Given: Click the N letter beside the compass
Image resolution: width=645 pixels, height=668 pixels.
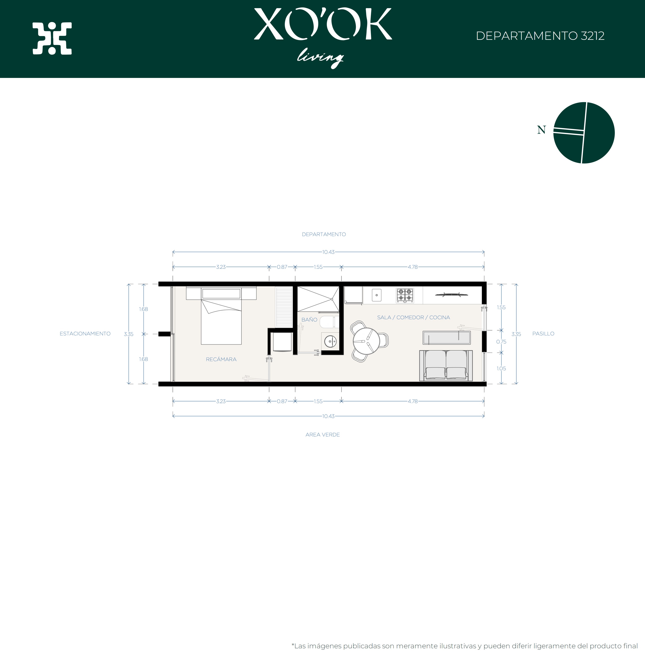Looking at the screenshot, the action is click(x=541, y=130).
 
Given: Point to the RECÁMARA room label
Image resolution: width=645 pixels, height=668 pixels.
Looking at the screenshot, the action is click(x=221, y=359).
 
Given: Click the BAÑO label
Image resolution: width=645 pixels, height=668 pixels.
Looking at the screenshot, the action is click(x=309, y=319).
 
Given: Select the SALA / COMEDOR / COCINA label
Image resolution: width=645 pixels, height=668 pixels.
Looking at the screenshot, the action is click(x=413, y=317).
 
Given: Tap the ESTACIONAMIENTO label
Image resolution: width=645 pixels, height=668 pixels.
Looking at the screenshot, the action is click(x=85, y=334).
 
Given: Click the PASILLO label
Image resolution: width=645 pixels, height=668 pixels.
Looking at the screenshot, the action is click(x=543, y=334).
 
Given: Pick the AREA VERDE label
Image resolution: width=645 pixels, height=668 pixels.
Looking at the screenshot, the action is click(x=322, y=434).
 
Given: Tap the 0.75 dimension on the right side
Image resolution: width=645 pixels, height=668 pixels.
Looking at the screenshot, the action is click(x=501, y=341).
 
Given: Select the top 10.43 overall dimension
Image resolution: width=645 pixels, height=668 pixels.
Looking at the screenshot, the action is click(x=328, y=252).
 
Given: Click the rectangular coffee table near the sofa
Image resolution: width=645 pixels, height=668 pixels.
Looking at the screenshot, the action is click(x=447, y=338).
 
